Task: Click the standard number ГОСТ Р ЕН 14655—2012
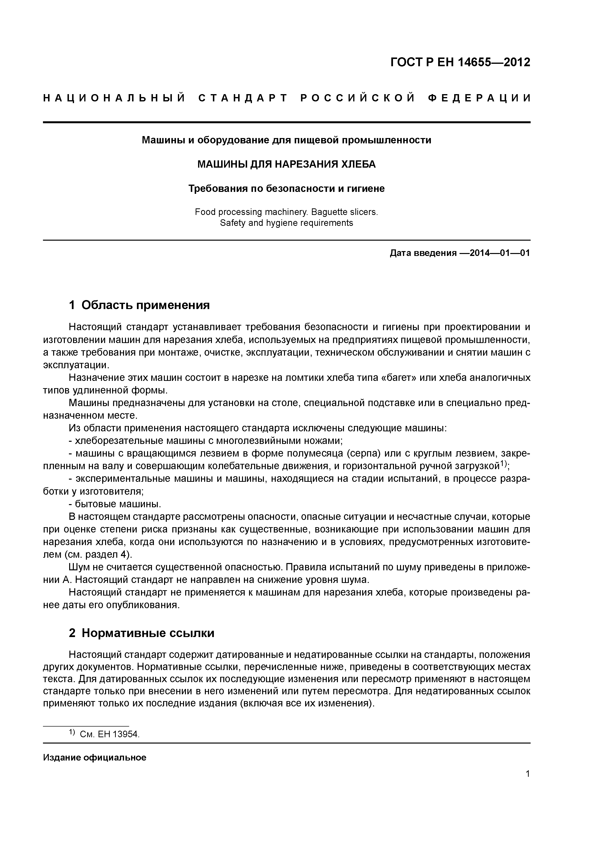click(460, 62)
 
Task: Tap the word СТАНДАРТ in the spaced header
click(243, 98)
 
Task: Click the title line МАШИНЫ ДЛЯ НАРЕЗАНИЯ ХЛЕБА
click(286, 164)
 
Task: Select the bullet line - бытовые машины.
click(115, 504)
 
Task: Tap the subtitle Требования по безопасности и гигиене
click(286, 189)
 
